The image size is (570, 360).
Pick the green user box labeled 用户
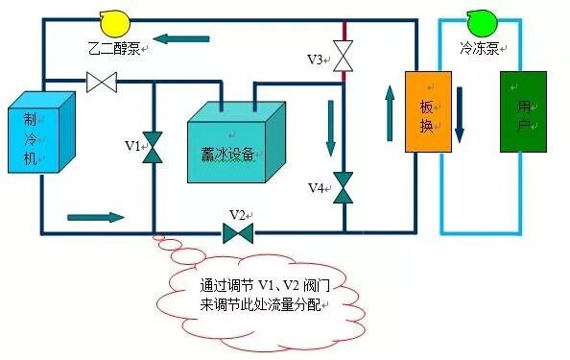(522, 112)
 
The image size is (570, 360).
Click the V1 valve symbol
(154, 147)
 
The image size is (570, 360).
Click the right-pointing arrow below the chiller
(96, 217)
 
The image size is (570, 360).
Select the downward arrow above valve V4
(332, 126)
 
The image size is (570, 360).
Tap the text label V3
(316, 60)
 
